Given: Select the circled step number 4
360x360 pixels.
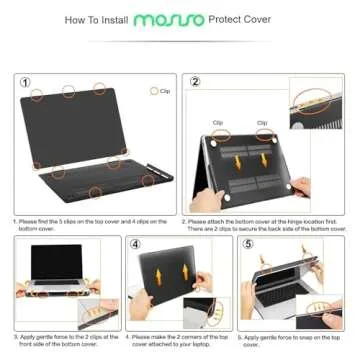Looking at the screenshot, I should click(136, 244).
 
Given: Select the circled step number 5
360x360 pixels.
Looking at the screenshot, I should click(248, 244).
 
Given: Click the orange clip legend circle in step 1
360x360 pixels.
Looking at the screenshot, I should click(153, 91).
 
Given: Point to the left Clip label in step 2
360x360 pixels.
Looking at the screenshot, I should click(218, 123).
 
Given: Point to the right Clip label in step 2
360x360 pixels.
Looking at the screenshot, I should click(262, 123).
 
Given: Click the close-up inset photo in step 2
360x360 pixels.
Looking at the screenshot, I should click(318, 103).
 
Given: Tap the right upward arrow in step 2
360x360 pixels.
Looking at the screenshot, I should click(264, 160).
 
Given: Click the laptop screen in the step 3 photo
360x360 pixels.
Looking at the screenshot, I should click(56, 262).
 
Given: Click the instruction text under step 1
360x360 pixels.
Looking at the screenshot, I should click(90, 224).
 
